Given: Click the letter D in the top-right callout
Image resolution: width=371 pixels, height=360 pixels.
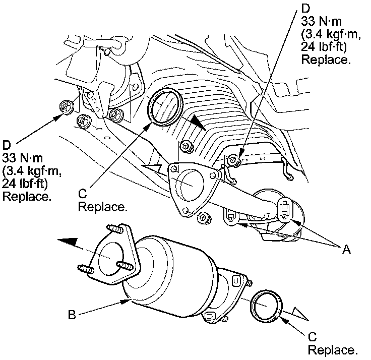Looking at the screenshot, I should [304, 9].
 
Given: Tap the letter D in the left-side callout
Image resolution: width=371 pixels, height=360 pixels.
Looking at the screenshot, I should [7, 145].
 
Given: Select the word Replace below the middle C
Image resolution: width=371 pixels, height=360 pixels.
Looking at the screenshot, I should [103, 207].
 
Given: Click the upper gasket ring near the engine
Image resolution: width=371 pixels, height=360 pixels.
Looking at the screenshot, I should [166, 106].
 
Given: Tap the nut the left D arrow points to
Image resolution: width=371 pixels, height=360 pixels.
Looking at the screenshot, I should [66, 106].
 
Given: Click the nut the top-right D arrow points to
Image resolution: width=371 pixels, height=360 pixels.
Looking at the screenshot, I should [234, 160].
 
